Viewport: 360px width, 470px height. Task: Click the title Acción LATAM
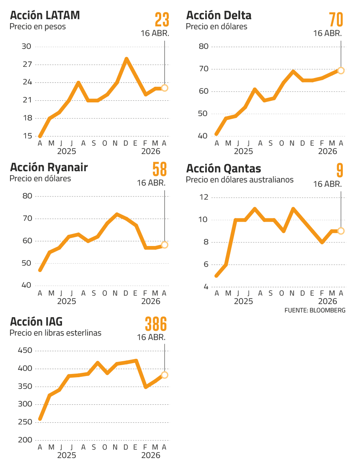(x=45, y=16)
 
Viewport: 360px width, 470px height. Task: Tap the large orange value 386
(x=156, y=324)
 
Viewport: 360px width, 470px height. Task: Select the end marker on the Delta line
(x=341, y=70)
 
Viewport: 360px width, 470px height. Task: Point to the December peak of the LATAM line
(x=126, y=59)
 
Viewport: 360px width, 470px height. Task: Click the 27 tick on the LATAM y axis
(x=27, y=64)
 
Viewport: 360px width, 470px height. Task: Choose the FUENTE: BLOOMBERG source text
(x=315, y=310)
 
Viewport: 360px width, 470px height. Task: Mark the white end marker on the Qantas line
(x=341, y=231)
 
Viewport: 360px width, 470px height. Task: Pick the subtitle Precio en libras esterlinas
(x=56, y=333)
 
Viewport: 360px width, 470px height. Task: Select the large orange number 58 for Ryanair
(x=160, y=170)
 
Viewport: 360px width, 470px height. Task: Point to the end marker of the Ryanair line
(x=164, y=245)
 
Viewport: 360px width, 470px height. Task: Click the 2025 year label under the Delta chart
(x=243, y=152)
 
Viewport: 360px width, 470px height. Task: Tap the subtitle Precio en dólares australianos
(x=239, y=180)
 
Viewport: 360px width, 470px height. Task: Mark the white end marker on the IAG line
(x=164, y=375)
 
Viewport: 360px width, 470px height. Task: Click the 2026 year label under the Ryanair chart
(x=151, y=301)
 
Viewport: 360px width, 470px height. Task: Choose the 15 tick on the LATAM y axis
(x=27, y=136)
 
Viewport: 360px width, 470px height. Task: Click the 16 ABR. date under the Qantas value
(x=327, y=184)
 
